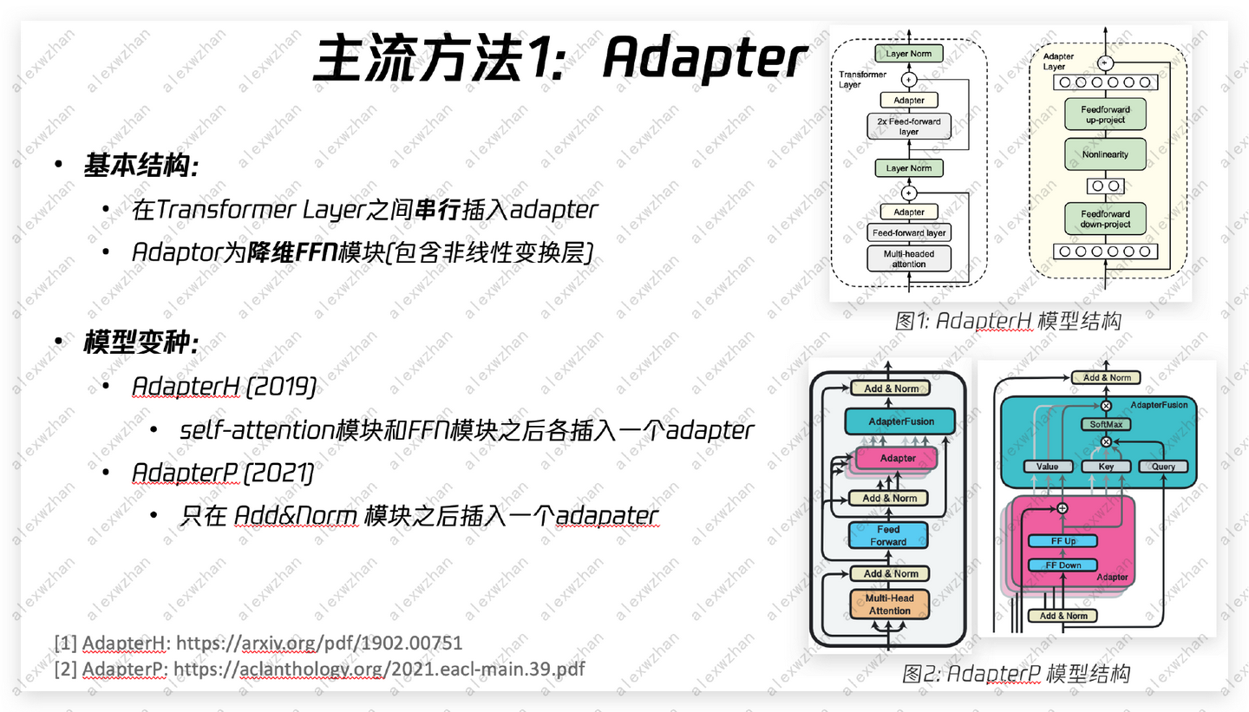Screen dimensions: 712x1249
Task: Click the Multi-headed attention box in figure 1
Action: (908, 258)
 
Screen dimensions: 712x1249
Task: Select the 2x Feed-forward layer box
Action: (908, 127)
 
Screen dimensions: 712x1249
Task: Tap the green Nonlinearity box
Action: (1105, 154)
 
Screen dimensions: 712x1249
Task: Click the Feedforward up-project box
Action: (1105, 114)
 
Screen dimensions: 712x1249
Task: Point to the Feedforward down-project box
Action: (1105, 219)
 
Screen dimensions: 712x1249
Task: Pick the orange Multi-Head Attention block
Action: (889, 604)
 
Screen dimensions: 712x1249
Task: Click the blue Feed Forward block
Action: (888, 535)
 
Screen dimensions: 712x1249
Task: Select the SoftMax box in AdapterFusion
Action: (1105, 424)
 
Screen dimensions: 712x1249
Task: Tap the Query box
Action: (1162, 467)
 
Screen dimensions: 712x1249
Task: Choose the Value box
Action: (1047, 467)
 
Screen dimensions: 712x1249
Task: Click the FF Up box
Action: (1063, 541)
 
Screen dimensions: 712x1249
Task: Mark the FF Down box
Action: (1063, 565)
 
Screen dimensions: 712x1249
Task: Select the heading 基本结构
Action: (141, 166)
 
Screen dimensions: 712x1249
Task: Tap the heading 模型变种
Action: (141, 343)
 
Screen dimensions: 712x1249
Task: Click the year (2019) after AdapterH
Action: (281, 386)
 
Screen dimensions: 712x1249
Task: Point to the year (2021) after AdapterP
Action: (278, 473)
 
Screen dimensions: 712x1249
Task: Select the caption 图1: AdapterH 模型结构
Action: (1008, 321)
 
